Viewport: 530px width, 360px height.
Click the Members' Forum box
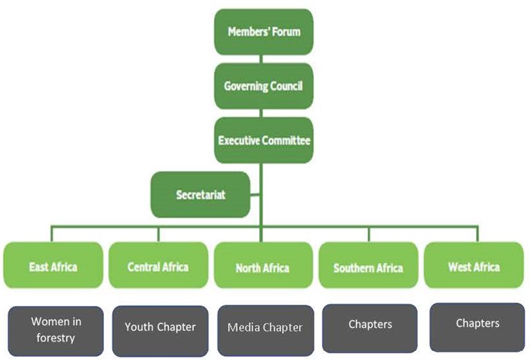click(264, 32)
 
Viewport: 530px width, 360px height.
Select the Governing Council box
click(264, 86)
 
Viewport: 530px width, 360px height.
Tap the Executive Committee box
click(264, 140)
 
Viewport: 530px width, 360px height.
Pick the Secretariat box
click(200, 195)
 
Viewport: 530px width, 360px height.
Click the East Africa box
click(53, 265)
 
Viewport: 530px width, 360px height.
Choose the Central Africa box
click(158, 265)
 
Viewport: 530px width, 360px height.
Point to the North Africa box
click(263, 265)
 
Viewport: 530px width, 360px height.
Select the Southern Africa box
click(369, 265)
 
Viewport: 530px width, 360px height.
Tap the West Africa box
click(474, 265)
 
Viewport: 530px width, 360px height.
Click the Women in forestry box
click(56, 331)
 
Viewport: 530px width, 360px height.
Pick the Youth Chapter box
click(160, 331)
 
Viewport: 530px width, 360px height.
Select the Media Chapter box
click(265, 330)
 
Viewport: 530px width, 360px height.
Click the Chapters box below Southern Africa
click(370, 328)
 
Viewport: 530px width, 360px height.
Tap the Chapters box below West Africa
click(477, 327)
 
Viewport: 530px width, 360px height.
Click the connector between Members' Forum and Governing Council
click(261, 59)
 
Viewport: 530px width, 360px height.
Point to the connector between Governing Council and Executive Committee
click(261, 113)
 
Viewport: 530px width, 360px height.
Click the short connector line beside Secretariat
click(255, 195)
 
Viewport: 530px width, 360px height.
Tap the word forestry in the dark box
click(56, 338)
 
